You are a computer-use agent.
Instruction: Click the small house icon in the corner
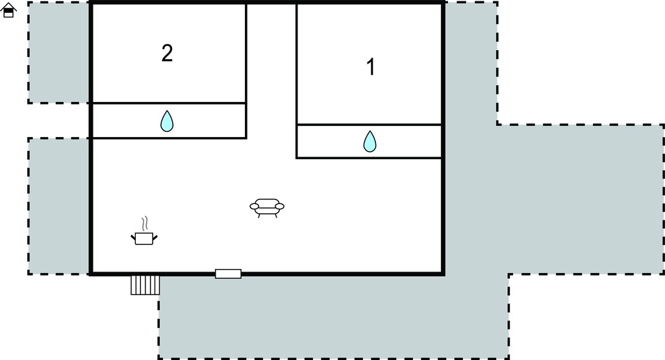(8, 10)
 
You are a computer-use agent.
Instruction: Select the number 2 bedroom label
(167, 53)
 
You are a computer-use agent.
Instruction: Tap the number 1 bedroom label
(371, 67)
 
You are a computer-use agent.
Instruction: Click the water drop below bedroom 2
(167, 121)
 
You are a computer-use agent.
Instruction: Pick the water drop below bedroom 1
(370, 142)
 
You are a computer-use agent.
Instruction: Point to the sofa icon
(267, 207)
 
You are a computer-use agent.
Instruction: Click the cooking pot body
(144, 238)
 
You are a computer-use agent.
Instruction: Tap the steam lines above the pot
(145, 224)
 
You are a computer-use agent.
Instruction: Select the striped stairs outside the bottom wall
(145, 285)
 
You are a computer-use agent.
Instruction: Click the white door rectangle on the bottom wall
(228, 274)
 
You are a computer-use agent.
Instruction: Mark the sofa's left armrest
(255, 207)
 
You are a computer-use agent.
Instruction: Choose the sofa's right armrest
(279, 207)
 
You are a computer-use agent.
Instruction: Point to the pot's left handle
(133, 237)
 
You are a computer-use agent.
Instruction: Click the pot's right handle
(155, 237)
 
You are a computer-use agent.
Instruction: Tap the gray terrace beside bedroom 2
(58, 53)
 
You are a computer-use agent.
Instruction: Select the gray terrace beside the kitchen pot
(58, 206)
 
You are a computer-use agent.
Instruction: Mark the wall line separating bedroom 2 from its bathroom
(169, 103)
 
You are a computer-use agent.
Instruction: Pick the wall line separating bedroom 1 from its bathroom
(369, 124)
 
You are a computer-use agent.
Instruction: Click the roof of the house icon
(8, 6)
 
